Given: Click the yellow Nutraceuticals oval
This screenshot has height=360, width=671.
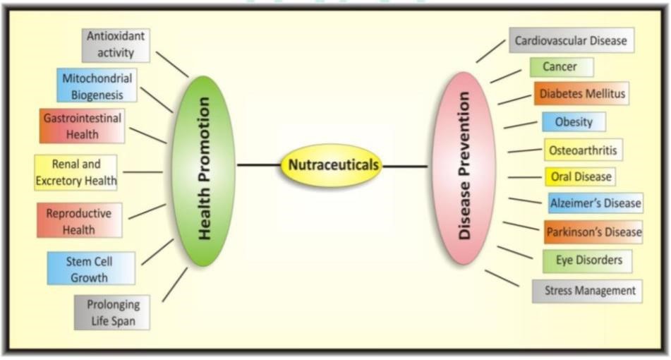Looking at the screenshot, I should point(331,166).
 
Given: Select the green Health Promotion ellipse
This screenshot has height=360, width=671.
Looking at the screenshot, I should point(203,170).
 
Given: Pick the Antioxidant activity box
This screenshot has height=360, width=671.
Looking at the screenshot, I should point(116,44).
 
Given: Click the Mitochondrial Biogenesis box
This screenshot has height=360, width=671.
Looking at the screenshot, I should point(96,85).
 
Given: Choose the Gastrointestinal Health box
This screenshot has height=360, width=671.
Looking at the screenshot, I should point(82,126).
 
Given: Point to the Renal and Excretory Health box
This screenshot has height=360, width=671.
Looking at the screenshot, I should point(76,172).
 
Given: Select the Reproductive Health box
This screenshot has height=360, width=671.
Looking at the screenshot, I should point(79,220).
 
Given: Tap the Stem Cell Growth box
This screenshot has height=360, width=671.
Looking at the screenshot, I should point(90,268).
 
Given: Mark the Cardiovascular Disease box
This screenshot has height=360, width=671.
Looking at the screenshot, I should point(570,40).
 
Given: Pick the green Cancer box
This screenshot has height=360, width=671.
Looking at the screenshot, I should point(561,67).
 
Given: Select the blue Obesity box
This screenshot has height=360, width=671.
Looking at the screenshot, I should point(573,121).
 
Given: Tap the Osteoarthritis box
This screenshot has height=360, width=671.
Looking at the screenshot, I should point(582,150).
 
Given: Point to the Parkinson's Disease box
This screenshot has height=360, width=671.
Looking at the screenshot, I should point(593,231).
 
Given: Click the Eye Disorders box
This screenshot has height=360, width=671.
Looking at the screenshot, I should point(587,260).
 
